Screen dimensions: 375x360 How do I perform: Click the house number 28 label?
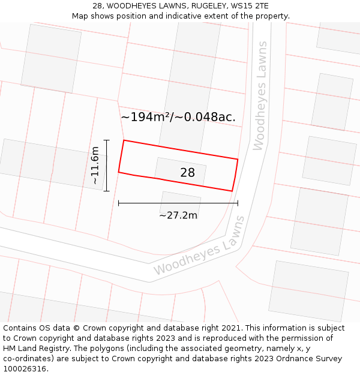(x=187, y=173)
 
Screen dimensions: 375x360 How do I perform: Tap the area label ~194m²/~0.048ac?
(x=178, y=118)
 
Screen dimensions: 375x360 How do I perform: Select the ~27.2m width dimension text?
(x=178, y=215)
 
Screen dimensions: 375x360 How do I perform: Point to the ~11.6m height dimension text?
(x=95, y=166)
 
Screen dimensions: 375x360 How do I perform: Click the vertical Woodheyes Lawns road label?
(x=260, y=96)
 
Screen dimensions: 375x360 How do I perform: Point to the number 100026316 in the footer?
(x=25, y=369)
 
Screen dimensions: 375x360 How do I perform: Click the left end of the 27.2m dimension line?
(x=119, y=203)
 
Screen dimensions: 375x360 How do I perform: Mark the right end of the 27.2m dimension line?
(x=238, y=203)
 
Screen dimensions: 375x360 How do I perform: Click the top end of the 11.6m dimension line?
(x=106, y=140)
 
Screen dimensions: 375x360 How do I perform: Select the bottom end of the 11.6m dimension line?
(x=106, y=191)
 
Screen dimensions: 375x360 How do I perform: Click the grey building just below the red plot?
(x=180, y=203)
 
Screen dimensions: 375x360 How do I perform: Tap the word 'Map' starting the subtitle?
(x=80, y=16)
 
